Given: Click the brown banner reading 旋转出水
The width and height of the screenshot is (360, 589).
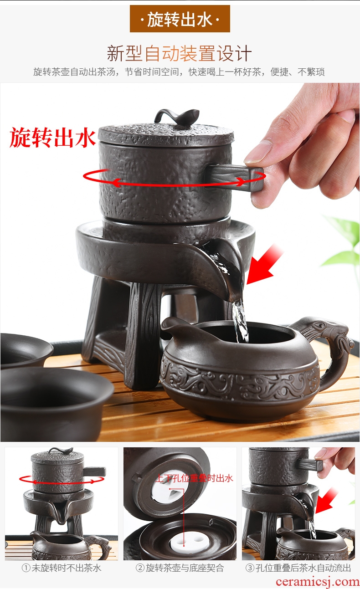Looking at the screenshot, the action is [180, 19].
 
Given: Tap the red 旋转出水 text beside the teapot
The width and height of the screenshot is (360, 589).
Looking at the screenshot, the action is [52, 137].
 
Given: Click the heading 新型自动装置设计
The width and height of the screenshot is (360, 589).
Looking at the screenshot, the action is [180, 53].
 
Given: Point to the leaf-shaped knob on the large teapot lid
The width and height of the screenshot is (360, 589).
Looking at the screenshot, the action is [176, 117].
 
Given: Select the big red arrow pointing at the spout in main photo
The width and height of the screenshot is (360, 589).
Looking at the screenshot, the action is [264, 264].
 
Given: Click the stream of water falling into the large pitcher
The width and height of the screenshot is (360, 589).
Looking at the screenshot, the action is [240, 321].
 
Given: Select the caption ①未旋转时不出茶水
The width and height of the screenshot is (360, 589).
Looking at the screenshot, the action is [61, 568].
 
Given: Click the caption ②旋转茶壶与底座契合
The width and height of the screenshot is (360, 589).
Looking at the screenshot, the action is [180, 568].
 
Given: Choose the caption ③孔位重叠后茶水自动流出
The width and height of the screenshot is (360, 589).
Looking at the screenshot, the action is [298, 568].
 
